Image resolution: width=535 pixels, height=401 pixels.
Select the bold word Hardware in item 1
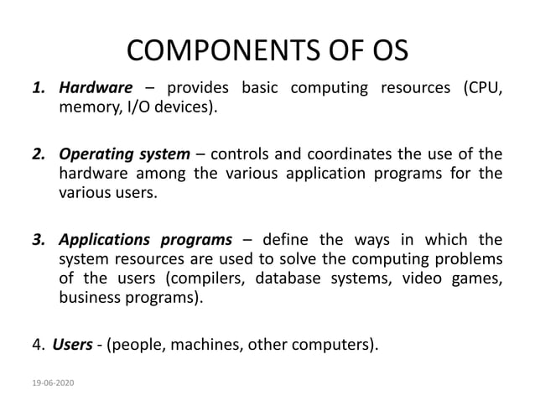click(x=96, y=88)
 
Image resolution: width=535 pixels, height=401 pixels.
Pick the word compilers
click(x=198, y=279)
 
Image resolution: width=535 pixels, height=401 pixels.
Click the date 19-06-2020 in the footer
click(x=51, y=383)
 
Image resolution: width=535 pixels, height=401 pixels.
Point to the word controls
click(x=250, y=154)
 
